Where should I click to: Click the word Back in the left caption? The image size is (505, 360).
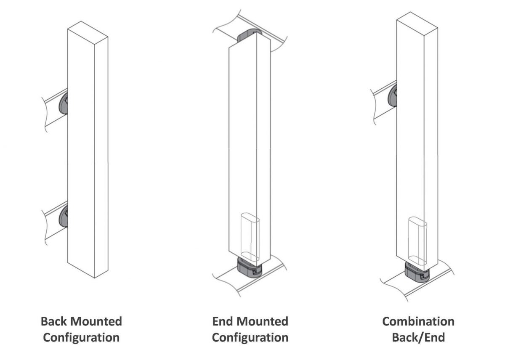(55, 322)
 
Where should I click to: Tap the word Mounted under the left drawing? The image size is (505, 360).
(96, 322)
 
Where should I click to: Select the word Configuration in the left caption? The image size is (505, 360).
(81, 337)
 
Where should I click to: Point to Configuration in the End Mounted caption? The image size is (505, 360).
(250, 337)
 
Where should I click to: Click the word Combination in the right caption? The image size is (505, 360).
(418, 322)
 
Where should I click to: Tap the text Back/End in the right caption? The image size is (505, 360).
(418, 337)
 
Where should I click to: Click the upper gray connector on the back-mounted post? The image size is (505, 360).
(64, 103)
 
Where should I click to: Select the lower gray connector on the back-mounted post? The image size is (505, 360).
(64, 216)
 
